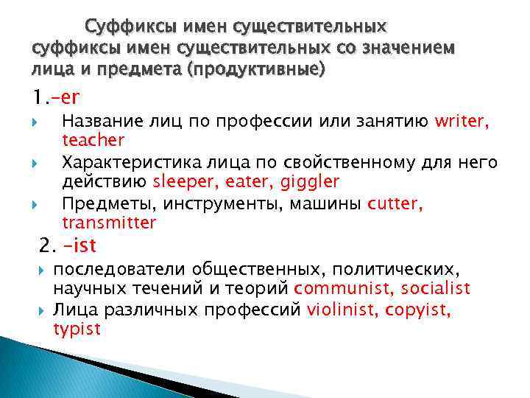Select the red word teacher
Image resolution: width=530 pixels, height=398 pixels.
point(93,140)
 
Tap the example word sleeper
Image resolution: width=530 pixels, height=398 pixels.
point(183,181)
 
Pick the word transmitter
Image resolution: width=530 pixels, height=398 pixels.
point(109,223)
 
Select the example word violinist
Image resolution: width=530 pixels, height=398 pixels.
point(342,310)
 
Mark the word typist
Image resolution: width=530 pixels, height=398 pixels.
point(76,329)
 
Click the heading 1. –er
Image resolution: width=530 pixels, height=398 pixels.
point(56,96)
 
